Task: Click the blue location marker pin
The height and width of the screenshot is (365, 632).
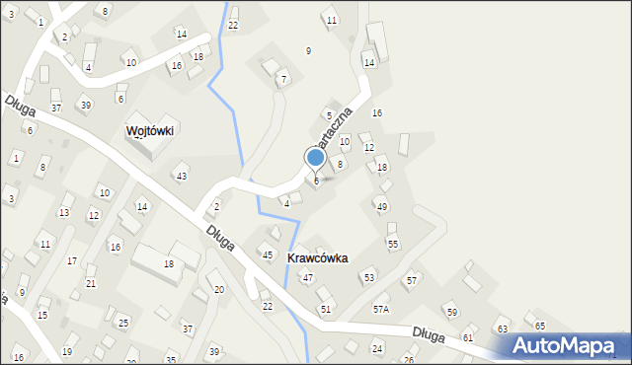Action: click(x=316, y=157)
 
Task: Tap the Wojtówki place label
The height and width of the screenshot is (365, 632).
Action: click(x=150, y=130)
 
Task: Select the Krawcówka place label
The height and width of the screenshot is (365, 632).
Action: click(x=317, y=257)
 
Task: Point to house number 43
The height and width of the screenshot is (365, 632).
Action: click(x=181, y=176)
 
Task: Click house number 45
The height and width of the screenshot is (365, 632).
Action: click(x=267, y=255)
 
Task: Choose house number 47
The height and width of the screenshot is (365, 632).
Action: click(x=307, y=278)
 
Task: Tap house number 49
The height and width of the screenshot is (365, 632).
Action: click(x=381, y=206)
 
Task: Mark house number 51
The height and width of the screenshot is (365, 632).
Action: click(x=325, y=309)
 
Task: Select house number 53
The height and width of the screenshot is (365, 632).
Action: click(x=368, y=278)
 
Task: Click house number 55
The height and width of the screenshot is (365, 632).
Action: click(x=392, y=244)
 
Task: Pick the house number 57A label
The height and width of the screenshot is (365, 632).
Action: click(x=380, y=309)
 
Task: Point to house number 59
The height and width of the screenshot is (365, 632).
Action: click(x=451, y=313)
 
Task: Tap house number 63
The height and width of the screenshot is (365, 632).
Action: click(x=502, y=328)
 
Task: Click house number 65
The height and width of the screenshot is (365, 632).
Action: click(x=539, y=326)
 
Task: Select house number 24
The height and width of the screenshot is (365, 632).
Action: click(x=376, y=349)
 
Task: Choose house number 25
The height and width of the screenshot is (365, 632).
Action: click(x=123, y=323)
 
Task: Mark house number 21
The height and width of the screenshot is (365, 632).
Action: click(x=91, y=283)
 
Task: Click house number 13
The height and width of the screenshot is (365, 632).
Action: click(x=64, y=212)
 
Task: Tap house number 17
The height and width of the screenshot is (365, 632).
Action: click(x=71, y=260)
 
